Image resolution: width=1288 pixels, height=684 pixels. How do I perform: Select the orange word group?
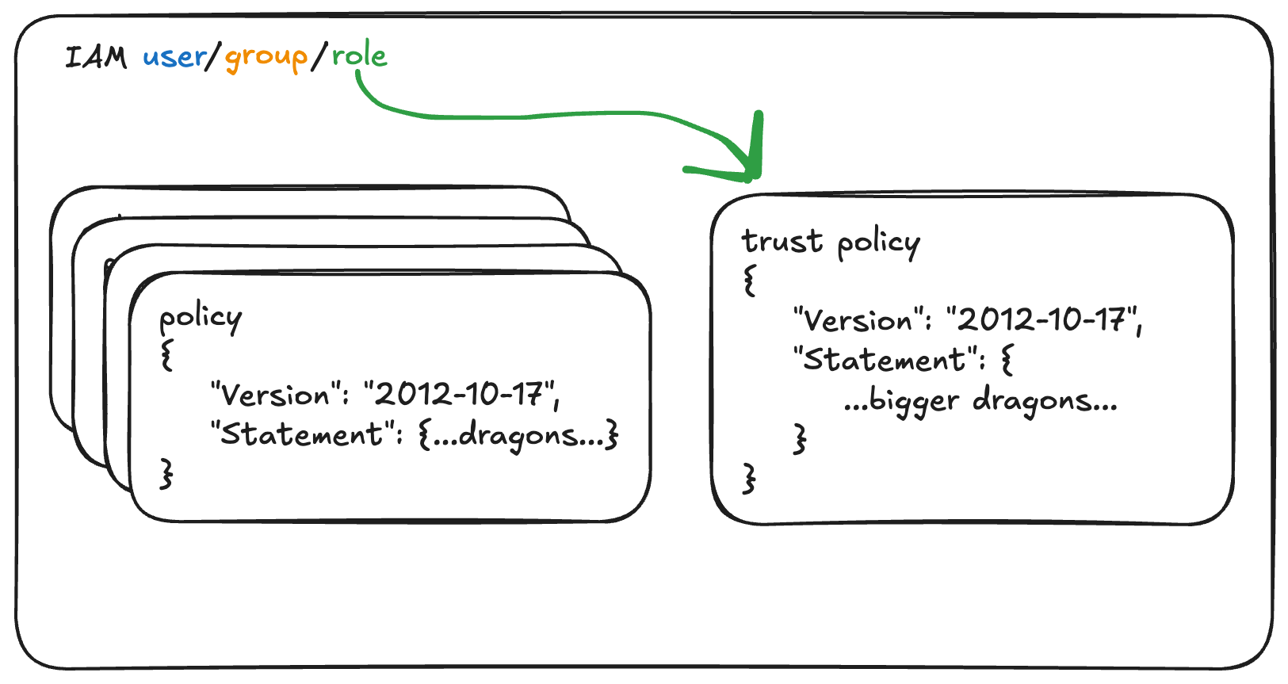pyautogui.click(x=266, y=59)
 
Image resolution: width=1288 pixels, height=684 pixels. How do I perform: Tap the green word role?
pyautogui.click(x=359, y=55)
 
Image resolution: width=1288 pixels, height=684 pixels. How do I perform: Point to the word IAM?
pyautogui.click(x=96, y=58)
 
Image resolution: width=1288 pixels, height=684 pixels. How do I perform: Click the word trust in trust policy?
pyautogui.click(x=782, y=241)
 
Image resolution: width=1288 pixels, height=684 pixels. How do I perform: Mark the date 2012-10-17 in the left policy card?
pyautogui.click(x=459, y=394)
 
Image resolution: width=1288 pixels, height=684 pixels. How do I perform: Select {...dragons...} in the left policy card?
pyautogui.click(x=518, y=436)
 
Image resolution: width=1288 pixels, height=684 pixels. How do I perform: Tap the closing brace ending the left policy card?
pyautogui.click(x=166, y=474)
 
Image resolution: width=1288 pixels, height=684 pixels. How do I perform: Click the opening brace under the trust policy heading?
pyautogui.click(x=749, y=281)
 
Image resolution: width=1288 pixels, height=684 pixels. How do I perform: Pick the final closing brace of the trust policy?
pyautogui.click(x=749, y=478)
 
